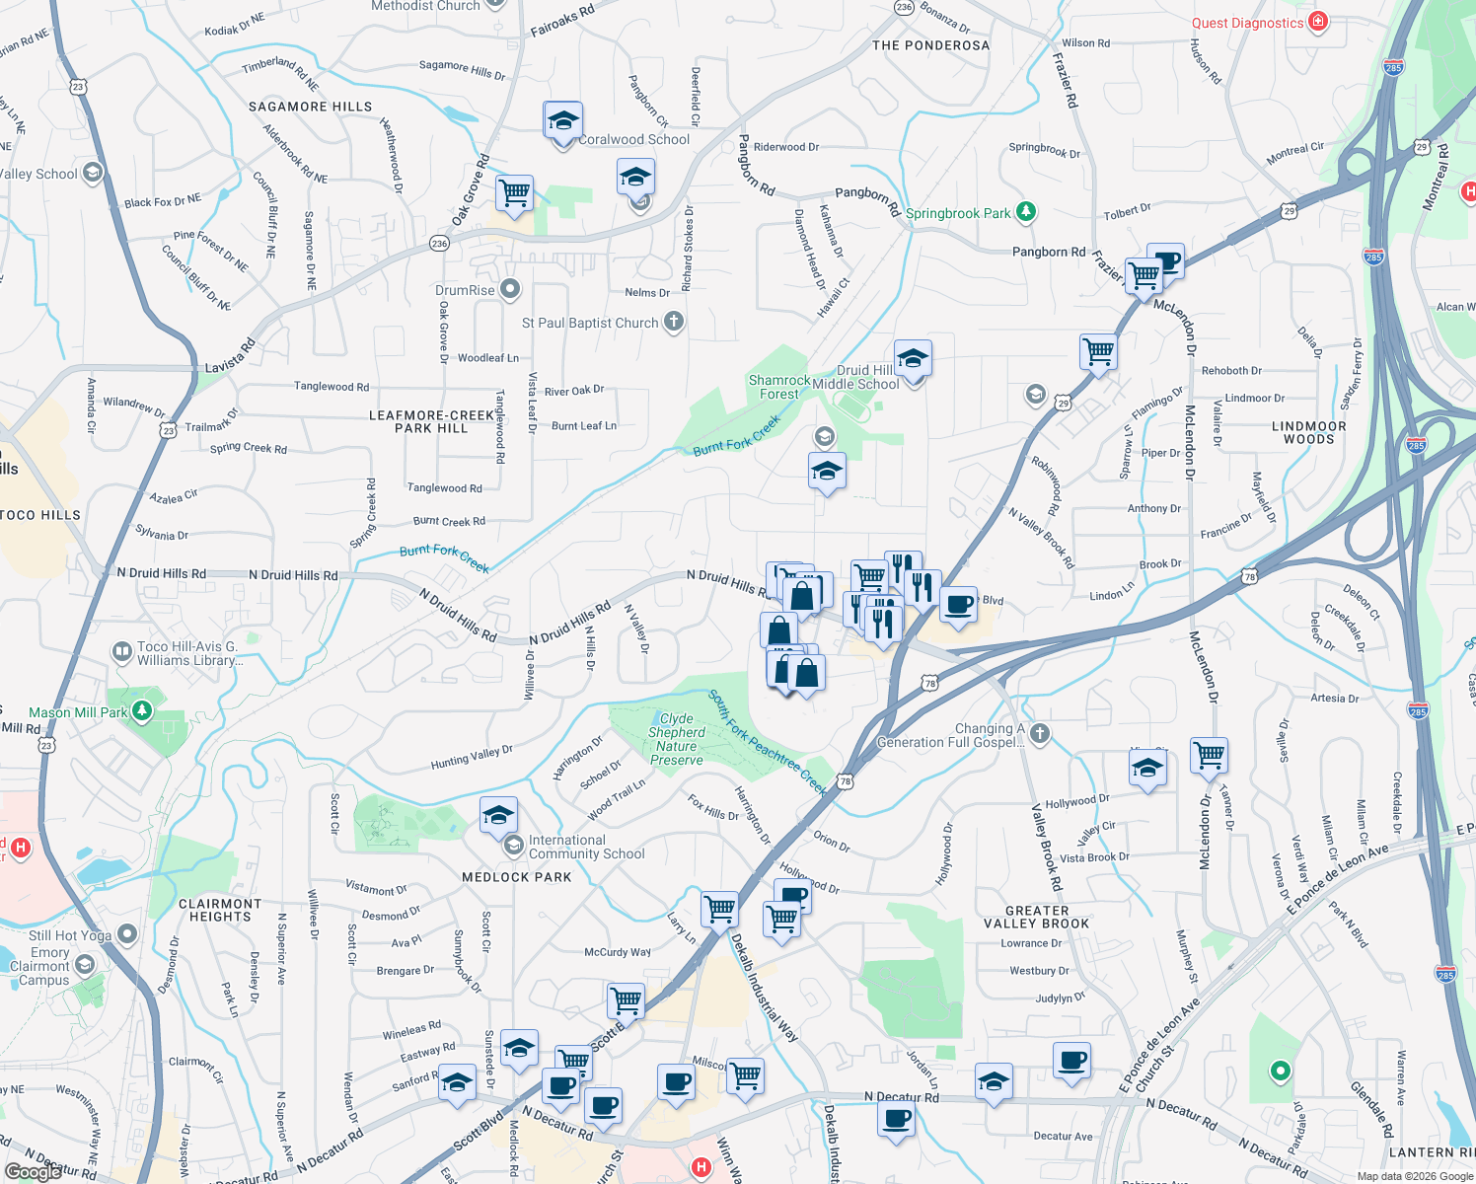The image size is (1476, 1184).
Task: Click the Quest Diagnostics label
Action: (1247, 23)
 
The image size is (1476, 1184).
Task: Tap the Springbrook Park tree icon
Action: (1026, 211)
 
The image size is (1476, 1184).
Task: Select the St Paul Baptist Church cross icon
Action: (673, 322)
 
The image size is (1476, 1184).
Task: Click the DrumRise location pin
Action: (510, 290)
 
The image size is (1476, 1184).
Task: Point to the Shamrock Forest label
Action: (779, 387)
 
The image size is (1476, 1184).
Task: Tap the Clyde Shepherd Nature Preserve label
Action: (676, 739)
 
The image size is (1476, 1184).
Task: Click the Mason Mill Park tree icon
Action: (142, 710)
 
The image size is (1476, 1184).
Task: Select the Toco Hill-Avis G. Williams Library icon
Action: (122, 651)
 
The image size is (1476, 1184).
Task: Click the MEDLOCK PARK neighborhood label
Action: (517, 877)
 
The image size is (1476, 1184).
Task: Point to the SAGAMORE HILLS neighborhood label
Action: (310, 107)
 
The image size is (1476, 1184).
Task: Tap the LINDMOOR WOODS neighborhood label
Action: (1309, 432)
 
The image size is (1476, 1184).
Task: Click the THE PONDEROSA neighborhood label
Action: (930, 45)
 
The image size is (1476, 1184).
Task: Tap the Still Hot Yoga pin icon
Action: (127, 933)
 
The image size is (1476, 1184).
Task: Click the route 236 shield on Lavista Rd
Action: (440, 243)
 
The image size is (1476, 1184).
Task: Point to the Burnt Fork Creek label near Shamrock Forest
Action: (736, 435)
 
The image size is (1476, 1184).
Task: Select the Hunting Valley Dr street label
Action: (472, 757)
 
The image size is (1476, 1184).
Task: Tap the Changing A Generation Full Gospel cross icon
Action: (1039, 733)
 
